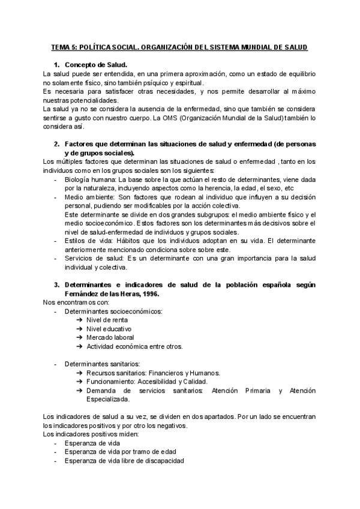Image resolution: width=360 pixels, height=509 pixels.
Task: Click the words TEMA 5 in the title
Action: pos(61,47)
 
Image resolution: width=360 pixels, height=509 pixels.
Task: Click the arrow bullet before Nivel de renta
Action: pos(80,320)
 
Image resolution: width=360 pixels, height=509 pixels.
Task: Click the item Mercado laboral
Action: pos(111,338)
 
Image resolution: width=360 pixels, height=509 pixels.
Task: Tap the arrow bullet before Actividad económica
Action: pos(80,346)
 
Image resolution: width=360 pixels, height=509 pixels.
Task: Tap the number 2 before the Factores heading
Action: pos(56,144)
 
